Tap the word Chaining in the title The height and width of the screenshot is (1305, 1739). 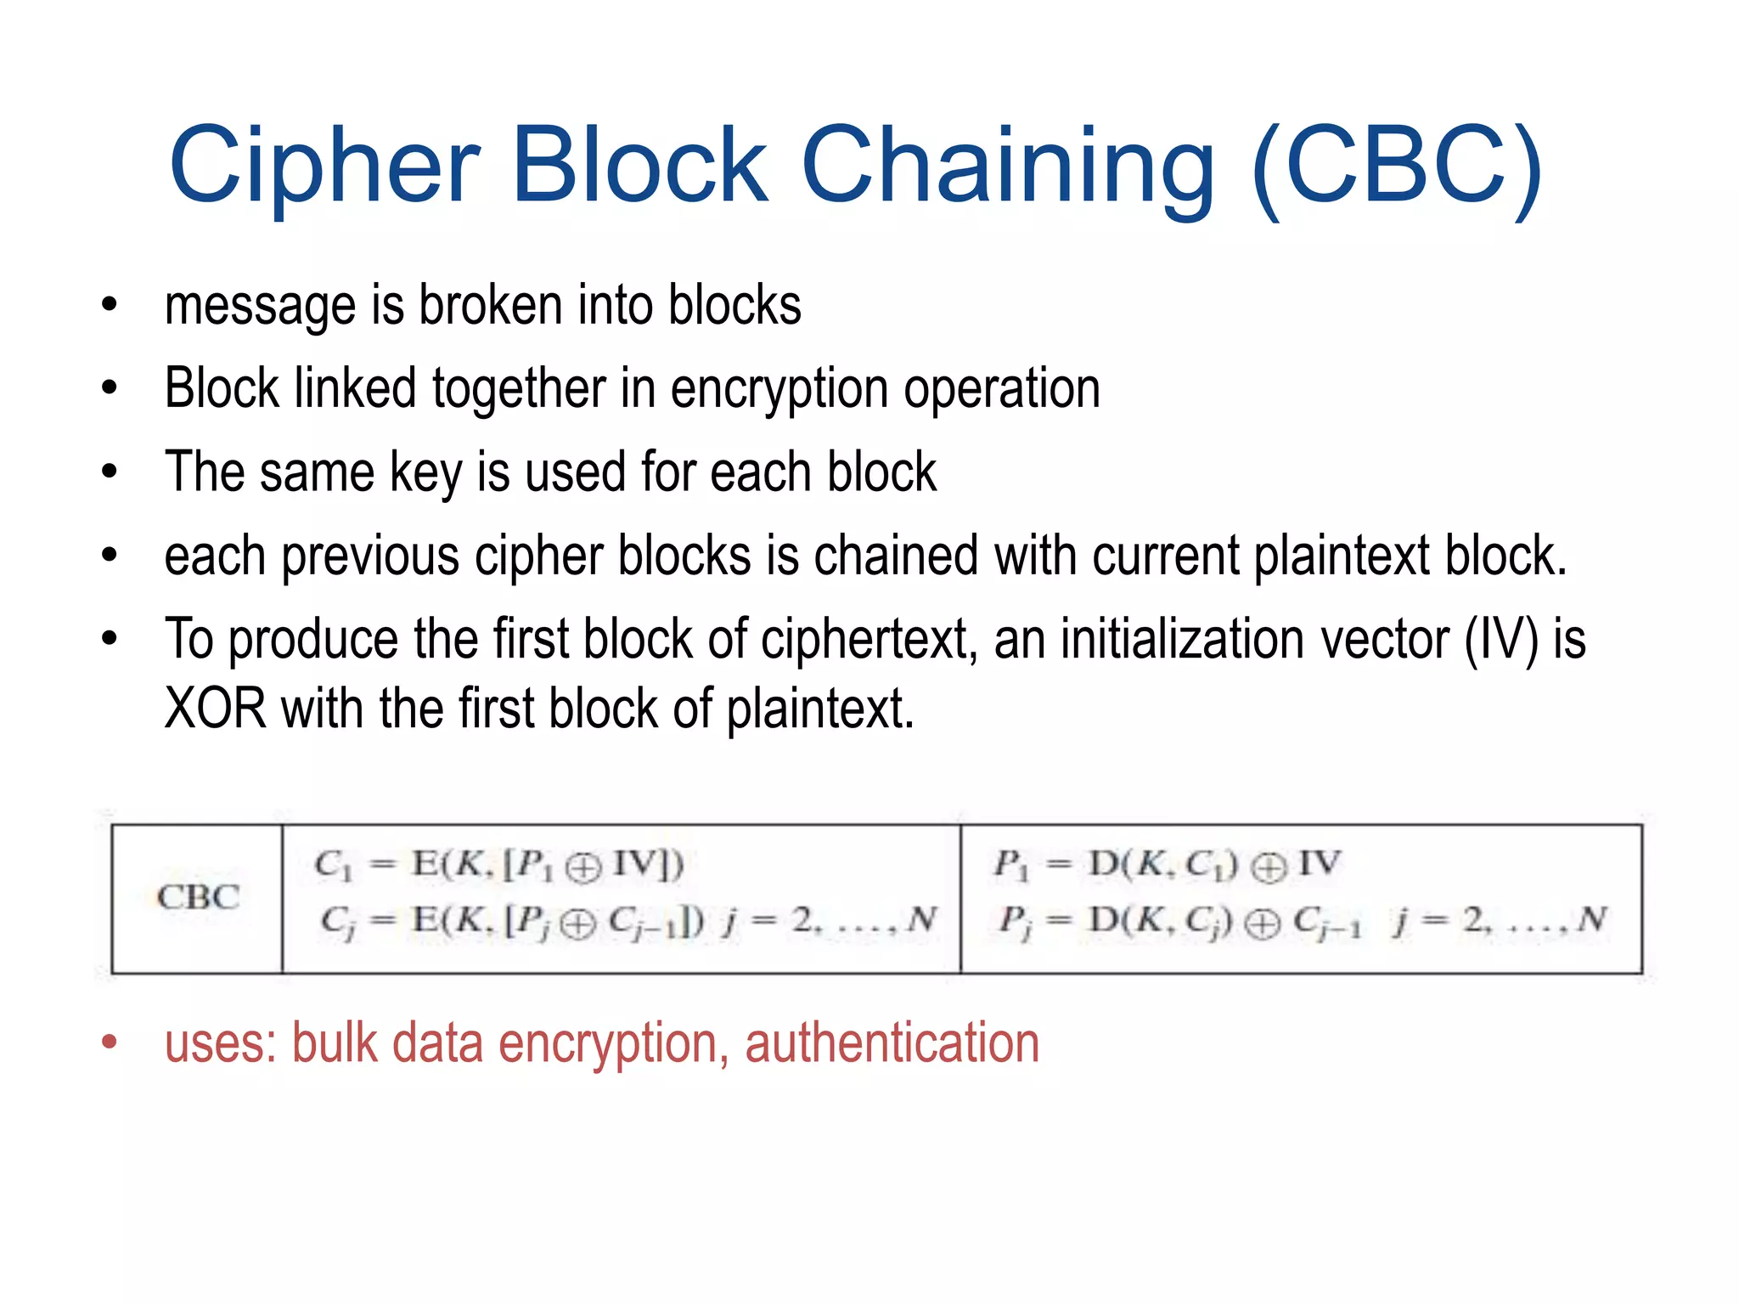tap(1007, 166)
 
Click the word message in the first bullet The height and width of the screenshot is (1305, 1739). tap(260, 306)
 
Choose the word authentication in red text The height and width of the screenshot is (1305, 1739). tap(892, 1043)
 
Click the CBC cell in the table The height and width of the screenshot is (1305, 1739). tap(198, 897)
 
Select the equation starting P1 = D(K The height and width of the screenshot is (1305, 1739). tap(1168, 866)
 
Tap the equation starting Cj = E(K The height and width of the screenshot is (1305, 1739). tap(628, 921)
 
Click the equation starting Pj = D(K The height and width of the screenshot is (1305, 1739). tap(1303, 921)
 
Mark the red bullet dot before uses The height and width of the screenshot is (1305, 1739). tap(109, 1042)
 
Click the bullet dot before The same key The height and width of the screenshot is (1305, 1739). tap(109, 472)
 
